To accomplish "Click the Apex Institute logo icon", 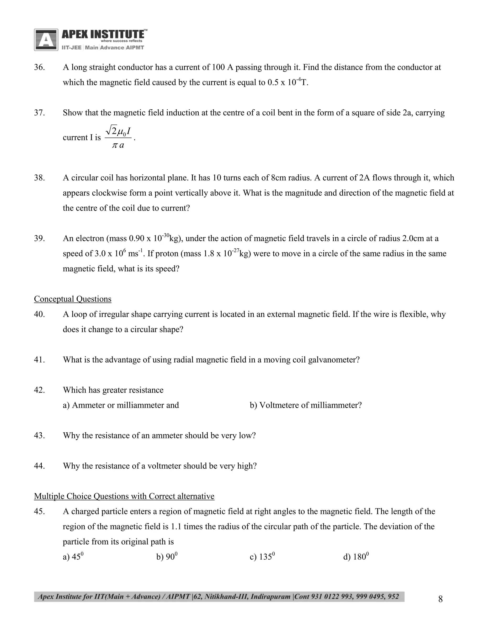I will click(x=46, y=40).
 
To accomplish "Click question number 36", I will click(x=39, y=67).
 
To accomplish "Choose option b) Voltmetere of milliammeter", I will click(x=306, y=405).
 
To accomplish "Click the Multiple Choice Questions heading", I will click(x=124, y=496).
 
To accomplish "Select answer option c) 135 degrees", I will click(x=262, y=557).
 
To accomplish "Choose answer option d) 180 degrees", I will click(x=356, y=557).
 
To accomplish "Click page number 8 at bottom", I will click(x=440, y=599).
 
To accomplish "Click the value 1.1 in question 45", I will click(x=176, y=527).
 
